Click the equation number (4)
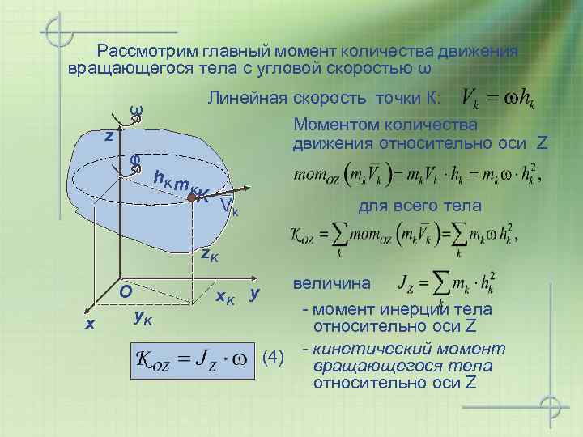coord(275,356)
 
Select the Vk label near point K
coord(229,210)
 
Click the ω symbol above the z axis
coord(136,110)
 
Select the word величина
coord(332,284)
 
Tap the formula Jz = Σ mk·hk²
coord(447,285)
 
